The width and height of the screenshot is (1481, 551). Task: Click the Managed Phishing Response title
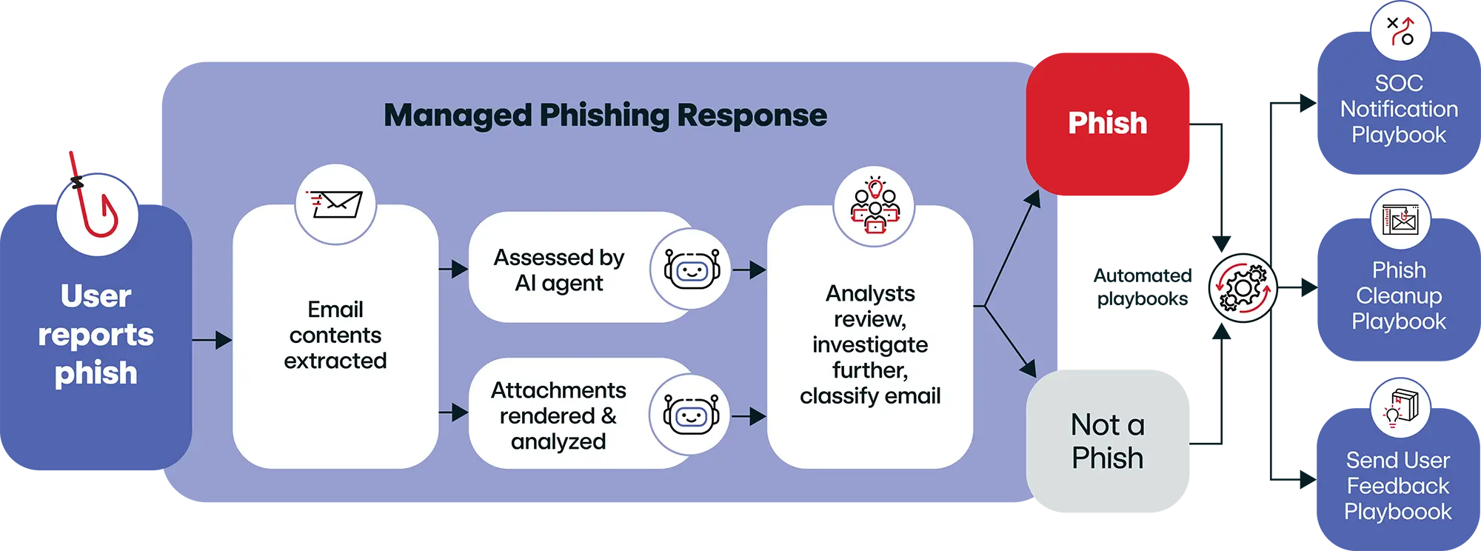(x=605, y=116)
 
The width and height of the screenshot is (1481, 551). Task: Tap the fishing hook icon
(x=97, y=215)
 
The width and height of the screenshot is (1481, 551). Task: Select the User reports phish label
(x=96, y=335)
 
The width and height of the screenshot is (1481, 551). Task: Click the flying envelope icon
(x=335, y=204)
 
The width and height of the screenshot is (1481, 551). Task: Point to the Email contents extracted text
(x=335, y=335)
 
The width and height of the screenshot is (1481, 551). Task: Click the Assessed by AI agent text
(x=559, y=270)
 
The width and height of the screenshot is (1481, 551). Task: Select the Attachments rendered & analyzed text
(x=558, y=415)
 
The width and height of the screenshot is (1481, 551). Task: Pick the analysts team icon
(x=875, y=205)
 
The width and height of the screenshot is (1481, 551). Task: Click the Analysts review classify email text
(x=870, y=344)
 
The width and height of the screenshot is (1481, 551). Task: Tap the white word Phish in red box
(x=1107, y=123)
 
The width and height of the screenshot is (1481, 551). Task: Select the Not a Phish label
(x=1107, y=441)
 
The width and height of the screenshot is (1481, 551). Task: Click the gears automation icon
(x=1243, y=288)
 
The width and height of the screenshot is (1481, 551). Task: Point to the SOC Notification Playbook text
(x=1398, y=109)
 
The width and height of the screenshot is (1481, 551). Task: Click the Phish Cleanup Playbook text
(x=1398, y=295)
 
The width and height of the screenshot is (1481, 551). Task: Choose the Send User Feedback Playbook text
(x=1397, y=486)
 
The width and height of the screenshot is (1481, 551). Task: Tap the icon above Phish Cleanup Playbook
(x=1400, y=220)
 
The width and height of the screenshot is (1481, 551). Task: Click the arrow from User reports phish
(x=212, y=340)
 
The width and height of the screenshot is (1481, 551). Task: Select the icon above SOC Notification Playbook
(x=1400, y=31)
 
